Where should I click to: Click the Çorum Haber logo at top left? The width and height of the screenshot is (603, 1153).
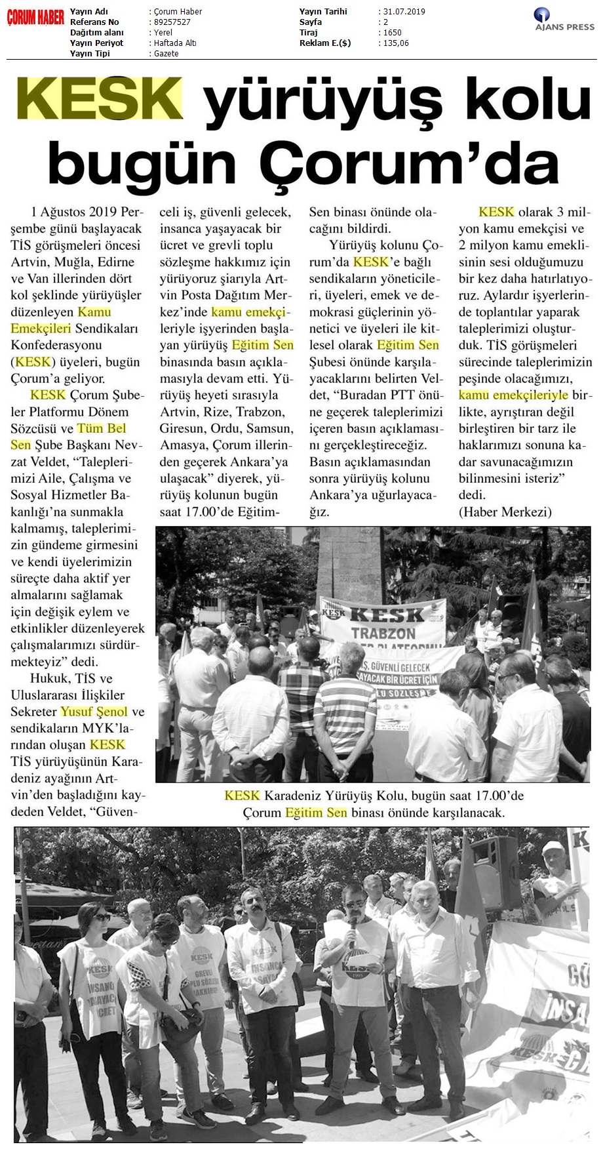click(35, 18)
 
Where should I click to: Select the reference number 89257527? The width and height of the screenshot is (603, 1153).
click(172, 22)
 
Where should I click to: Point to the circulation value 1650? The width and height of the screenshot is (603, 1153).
click(393, 33)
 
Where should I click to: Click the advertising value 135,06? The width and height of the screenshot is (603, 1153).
click(396, 43)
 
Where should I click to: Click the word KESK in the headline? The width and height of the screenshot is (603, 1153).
click(100, 100)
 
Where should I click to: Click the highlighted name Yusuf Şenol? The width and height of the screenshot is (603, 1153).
click(94, 712)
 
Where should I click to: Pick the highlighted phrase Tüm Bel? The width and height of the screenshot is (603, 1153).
click(102, 428)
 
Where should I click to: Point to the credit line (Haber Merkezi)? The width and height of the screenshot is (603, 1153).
click(505, 512)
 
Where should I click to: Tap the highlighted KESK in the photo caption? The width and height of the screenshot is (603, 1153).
click(242, 796)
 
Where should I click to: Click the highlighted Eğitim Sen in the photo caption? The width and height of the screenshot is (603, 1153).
click(316, 813)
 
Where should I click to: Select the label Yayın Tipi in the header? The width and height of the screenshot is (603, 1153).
click(91, 54)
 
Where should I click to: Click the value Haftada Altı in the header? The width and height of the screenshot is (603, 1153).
click(174, 43)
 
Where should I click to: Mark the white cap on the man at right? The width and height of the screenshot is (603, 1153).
click(553, 848)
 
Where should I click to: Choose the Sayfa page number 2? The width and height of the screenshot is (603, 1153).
click(386, 22)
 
